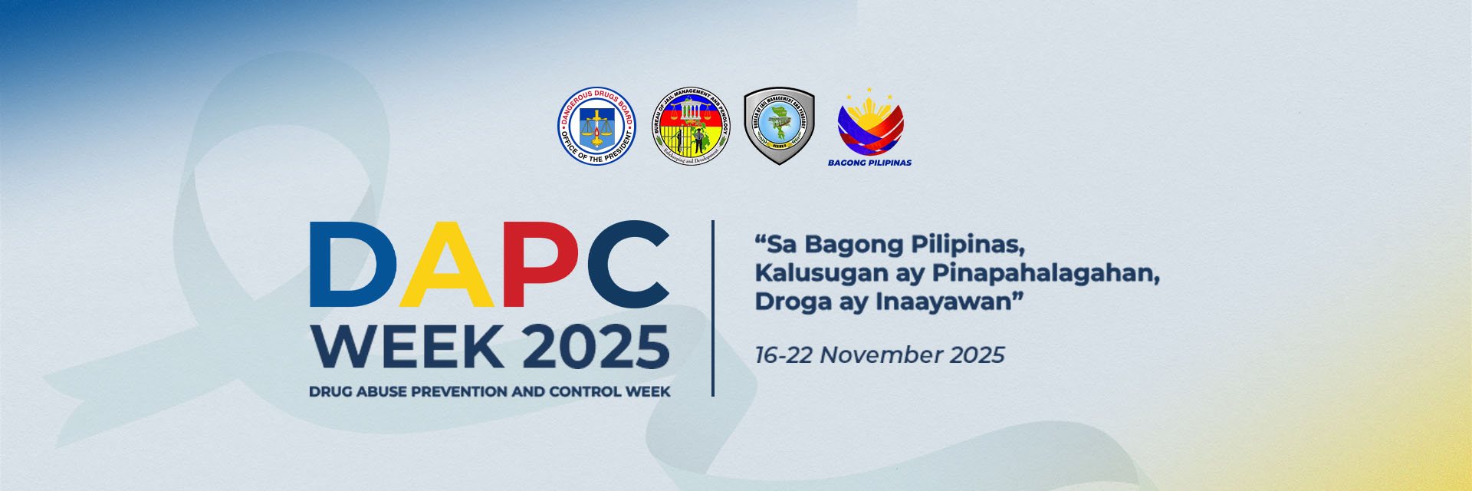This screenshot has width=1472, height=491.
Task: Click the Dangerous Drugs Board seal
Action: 596,127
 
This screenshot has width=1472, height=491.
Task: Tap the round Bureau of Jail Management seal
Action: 691,127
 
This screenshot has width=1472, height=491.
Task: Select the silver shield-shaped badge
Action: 779,126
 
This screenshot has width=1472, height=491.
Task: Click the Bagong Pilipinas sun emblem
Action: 870,123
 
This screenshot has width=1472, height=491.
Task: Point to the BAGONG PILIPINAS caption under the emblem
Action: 869,163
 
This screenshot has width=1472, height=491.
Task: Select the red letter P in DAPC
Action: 541,265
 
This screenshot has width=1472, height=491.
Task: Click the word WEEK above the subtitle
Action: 408,347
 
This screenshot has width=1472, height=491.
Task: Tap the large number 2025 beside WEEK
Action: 596,347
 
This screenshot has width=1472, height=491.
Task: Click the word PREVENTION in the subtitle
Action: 459,392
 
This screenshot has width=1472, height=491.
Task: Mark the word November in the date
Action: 881,355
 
